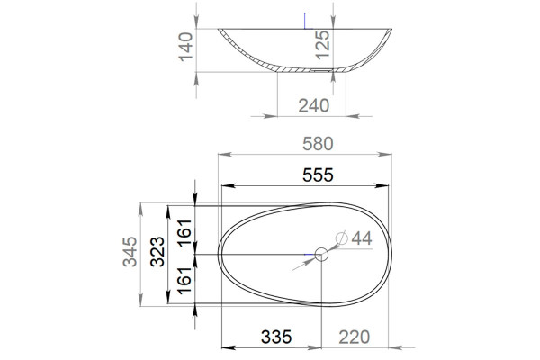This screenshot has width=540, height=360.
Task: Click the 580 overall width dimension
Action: pyautogui.click(x=318, y=144)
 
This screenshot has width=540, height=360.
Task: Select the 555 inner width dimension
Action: pyautogui.click(x=318, y=175)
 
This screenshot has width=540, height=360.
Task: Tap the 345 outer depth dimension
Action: pyautogui.click(x=130, y=251)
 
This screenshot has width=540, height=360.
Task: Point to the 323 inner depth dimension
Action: pyautogui.click(x=157, y=251)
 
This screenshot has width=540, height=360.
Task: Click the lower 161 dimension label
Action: pyautogui.click(x=184, y=280)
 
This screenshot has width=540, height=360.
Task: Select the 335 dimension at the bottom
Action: pyautogui.click(x=276, y=337)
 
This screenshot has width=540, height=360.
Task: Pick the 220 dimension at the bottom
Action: pyautogui.click(x=354, y=337)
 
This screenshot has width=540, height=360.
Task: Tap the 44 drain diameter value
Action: pyautogui.click(x=362, y=238)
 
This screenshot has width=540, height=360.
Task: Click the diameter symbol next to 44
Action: pyautogui.click(x=342, y=238)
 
